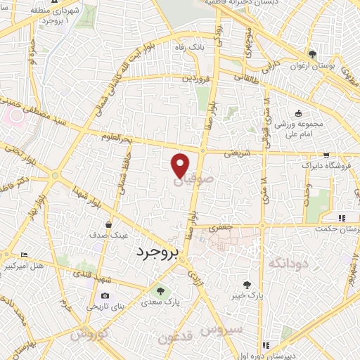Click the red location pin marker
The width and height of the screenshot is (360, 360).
(180, 164)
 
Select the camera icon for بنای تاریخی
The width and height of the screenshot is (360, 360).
(105, 295)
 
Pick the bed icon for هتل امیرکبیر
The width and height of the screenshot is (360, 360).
(25, 255)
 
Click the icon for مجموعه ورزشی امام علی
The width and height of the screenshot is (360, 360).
(298, 114)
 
